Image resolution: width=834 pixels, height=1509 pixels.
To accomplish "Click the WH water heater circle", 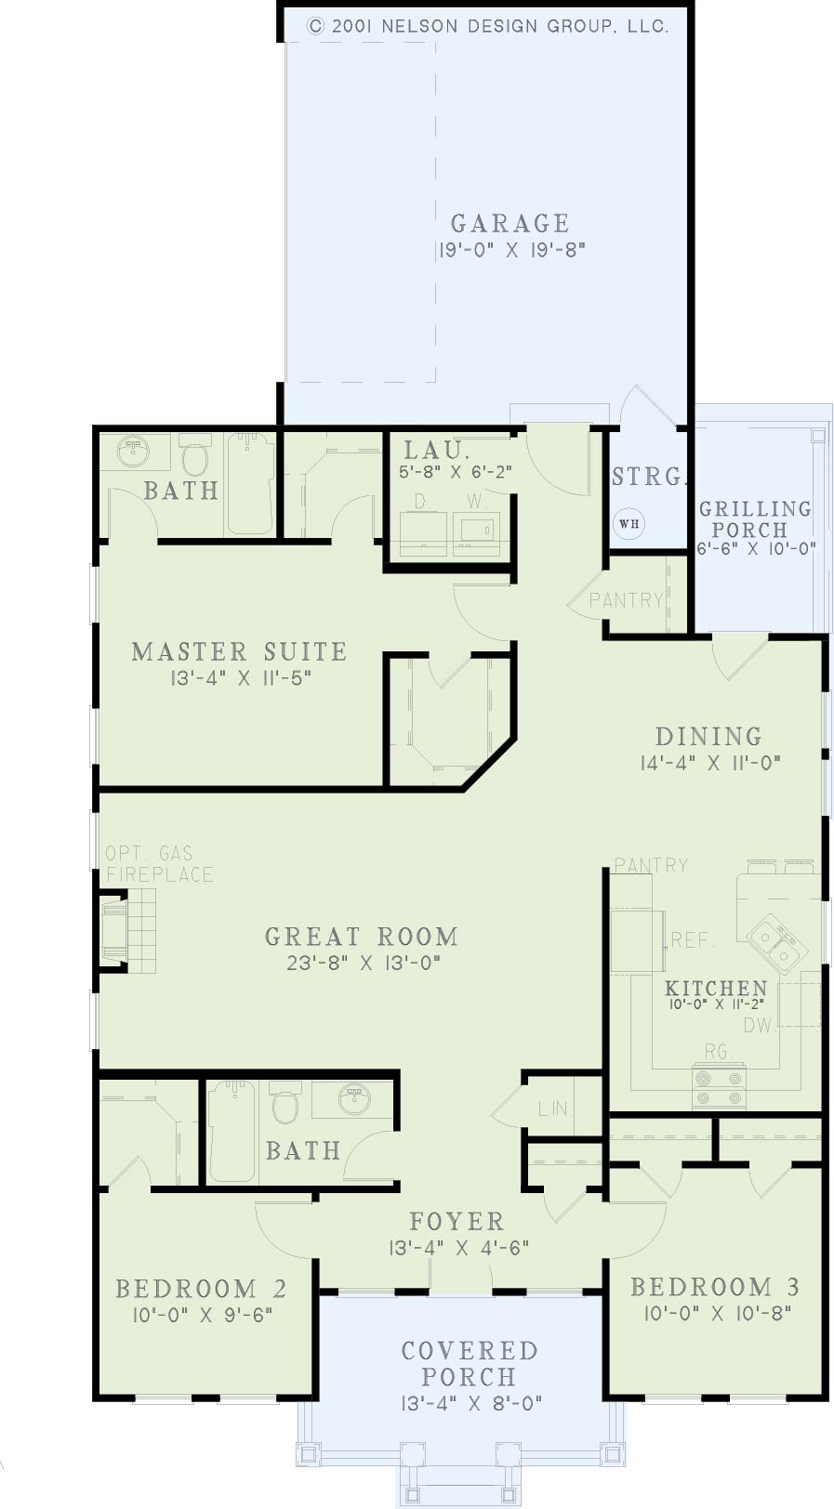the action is pyautogui.click(x=629, y=523).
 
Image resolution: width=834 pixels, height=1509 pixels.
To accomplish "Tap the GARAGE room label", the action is pyautogui.click(x=510, y=223).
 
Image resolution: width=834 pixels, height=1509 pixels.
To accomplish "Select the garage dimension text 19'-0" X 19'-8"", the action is pyautogui.click(x=511, y=250).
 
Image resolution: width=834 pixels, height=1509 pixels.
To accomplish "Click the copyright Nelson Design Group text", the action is pyautogui.click(x=487, y=26).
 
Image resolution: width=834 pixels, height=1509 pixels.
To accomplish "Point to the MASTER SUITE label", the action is pyautogui.click(x=239, y=651).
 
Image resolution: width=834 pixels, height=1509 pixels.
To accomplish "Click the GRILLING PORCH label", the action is pyautogui.click(x=755, y=518).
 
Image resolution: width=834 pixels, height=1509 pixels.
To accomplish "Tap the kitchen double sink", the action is pyautogui.click(x=776, y=944).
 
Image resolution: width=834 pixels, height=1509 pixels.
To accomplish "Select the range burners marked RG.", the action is pyautogui.click(x=719, y=1086).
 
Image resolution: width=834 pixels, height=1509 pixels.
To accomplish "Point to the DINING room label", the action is pyautogui.click(x=709, y=736).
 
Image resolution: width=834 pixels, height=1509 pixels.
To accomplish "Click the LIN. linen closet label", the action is pyautogui.click(x=554, y=1109).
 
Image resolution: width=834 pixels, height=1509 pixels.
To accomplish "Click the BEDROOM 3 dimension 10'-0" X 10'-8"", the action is pyautogui.click(x=718, y=1313).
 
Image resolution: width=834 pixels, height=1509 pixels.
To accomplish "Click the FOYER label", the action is pyautogui.click(x=457, y=1221).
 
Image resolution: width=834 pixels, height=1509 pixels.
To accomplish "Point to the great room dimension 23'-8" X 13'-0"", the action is pyautogui.click(x=364, y=963).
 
